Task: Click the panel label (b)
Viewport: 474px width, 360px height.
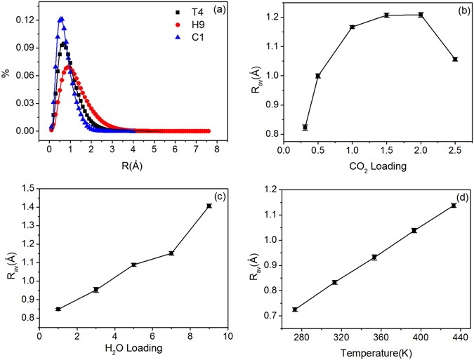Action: pos(456,12)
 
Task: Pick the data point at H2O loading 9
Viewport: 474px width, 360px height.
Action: pos(209,206)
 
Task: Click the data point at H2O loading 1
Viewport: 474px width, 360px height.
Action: pos(58,309)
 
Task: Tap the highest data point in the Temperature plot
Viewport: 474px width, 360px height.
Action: pos(454,206)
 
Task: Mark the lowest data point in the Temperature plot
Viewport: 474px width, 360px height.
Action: pos(295,309)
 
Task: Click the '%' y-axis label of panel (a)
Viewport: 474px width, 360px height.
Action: pos(6,73)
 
